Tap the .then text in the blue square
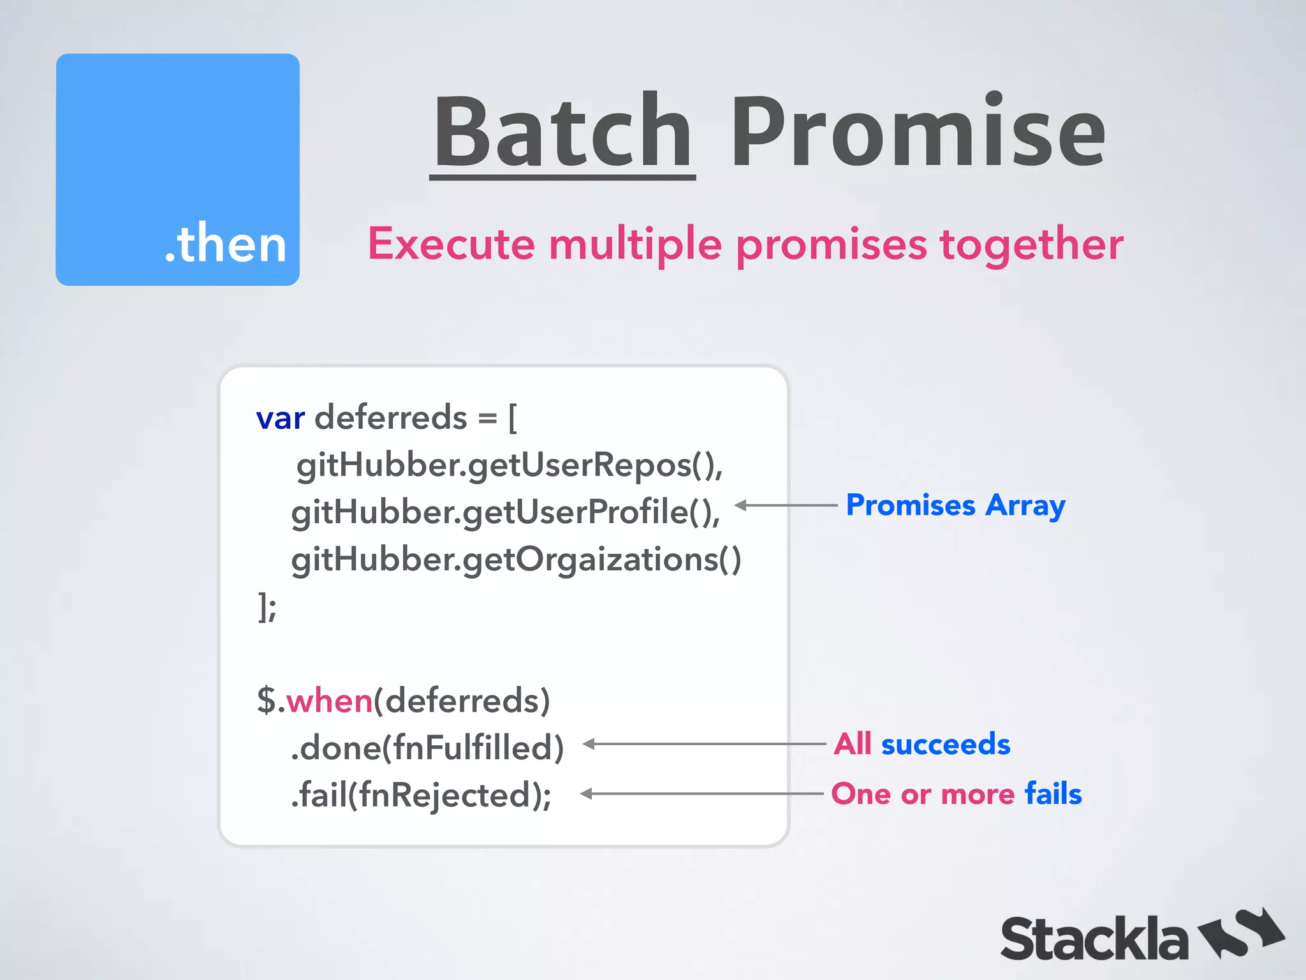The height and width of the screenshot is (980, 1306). tap(225, 244)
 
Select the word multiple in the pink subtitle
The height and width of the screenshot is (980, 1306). tap(635, 245)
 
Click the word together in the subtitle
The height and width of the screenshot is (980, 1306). tap(1031, 245)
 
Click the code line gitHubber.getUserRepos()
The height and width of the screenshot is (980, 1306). tap(509, 465)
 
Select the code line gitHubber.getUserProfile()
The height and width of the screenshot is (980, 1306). tap(505, 512)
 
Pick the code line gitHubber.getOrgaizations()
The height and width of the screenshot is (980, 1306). tap(515, 560)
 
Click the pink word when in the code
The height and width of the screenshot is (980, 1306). tap(329, 701)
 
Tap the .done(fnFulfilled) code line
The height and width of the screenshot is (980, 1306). tap(427, 748)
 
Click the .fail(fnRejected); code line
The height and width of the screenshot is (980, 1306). tap(421, 795)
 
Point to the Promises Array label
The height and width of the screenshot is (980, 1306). tap(955, 505)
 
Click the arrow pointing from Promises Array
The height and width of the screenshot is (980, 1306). tap(786, 505)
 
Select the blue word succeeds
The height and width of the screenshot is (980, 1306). tap(945, 745)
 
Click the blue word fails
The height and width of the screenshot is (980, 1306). tap(1053, 794)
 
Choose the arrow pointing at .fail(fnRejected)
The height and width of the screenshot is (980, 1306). tap(701, 794)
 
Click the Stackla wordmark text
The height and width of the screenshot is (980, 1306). tap(1094, 939)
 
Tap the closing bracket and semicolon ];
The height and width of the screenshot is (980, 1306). tap(267, 607)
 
